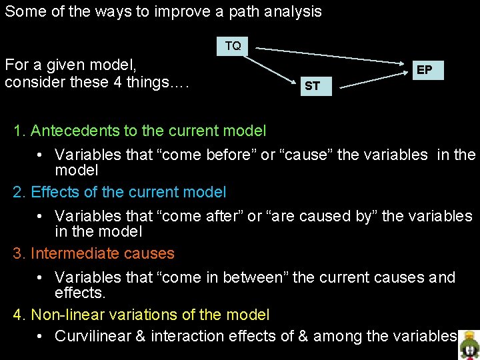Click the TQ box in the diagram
pyautogui.click(x=233, y=46)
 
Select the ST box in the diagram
pyautogui.click(x=312, y=86)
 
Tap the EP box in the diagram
pyautogui.click(x=424, y=70)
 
